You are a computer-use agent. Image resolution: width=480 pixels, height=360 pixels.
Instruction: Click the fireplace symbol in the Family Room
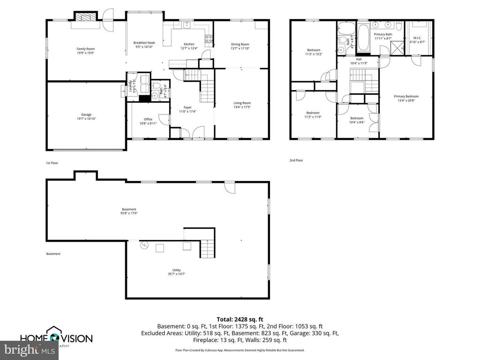[85, 18]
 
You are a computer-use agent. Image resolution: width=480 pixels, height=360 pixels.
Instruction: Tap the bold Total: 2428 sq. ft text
[240, 319]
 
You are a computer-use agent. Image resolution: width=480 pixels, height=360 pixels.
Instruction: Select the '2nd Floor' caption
[296, 160]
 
